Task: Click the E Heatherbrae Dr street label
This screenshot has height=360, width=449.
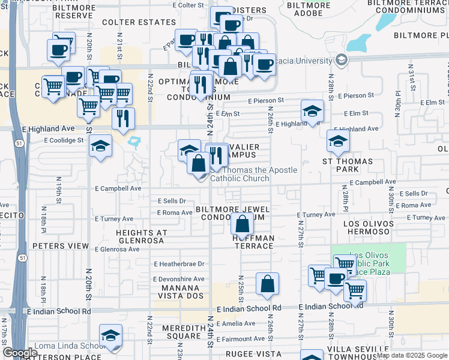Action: point(179,263)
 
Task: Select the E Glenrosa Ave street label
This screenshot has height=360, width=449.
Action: point(116,249)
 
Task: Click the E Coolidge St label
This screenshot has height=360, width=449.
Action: point(63,140)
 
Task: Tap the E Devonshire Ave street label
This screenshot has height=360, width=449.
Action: point(179,279)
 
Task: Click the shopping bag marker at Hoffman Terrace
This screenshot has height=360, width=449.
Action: point(242,225)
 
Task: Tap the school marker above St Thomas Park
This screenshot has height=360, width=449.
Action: point(339,141)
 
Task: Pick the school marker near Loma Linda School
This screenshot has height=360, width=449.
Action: point(111,338)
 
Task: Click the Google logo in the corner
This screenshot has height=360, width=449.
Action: point(20,353)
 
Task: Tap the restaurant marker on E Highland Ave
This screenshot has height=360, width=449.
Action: point(123,118)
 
